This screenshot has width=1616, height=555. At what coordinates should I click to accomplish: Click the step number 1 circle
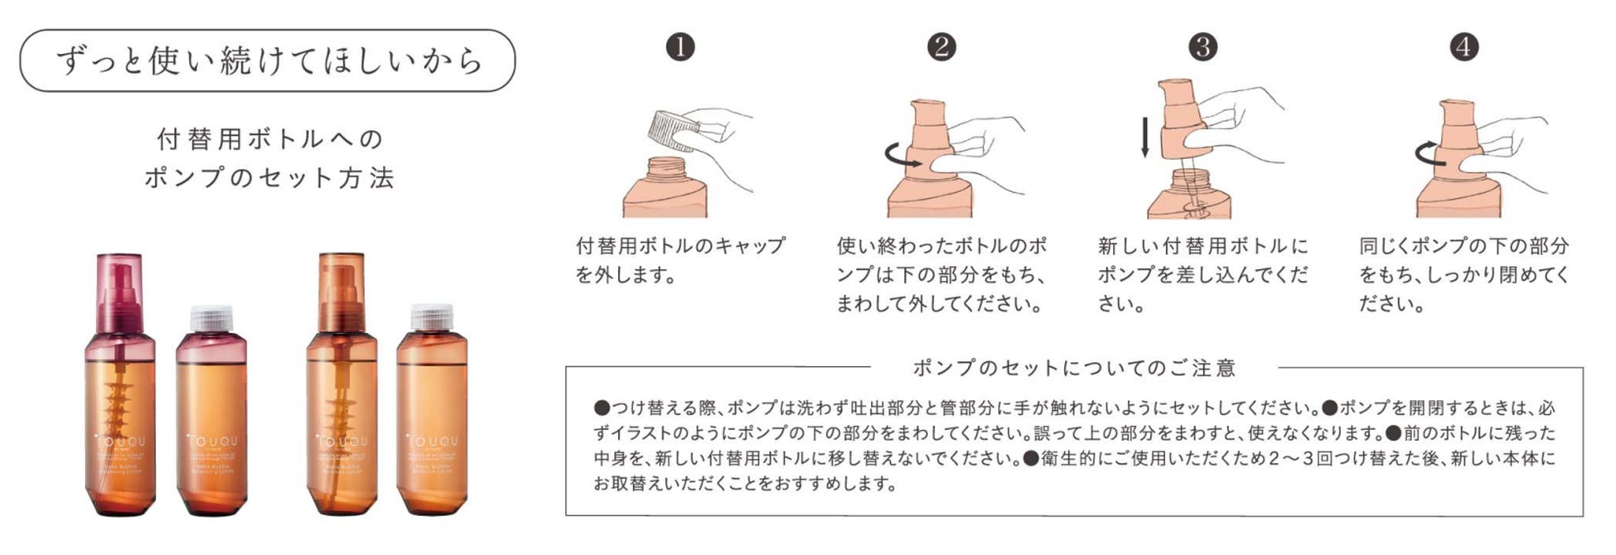[x=680, y=47]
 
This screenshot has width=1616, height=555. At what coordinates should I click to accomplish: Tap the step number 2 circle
[x=941, y=47]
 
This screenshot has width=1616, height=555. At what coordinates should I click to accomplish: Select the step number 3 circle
[x=1202, y=47]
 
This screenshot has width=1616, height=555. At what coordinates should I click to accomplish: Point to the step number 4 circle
[x=1464, y=47]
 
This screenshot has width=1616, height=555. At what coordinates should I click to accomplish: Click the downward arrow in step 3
[x=1145, y=138]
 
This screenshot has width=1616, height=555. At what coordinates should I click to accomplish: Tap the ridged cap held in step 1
[x=672, y=130]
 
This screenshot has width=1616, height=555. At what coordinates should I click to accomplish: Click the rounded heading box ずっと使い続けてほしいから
[x=267, y=61]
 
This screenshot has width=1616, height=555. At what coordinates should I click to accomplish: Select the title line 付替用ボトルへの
[x=270, y=139]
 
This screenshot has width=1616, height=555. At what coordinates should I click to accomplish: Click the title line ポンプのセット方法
[x=270, y=178]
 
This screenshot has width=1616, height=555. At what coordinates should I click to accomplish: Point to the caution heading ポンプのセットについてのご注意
[x=1074, y=368]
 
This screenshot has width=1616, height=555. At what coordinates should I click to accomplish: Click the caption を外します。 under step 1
[x=627, y=275]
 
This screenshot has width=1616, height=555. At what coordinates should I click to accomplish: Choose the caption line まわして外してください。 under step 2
[x=939, y=304]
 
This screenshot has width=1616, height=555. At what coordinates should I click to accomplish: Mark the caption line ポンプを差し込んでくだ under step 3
[x=1202, y=275]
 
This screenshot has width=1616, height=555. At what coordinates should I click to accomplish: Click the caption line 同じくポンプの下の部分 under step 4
[x=1464, y=246]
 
